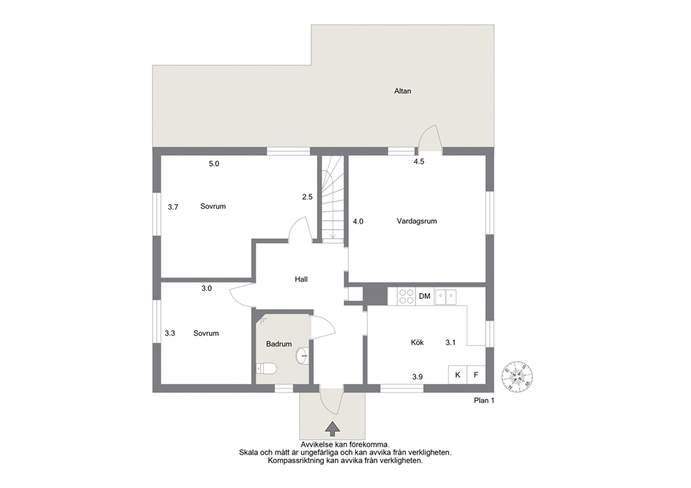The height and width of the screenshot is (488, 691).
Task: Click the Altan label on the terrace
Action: point(403,91)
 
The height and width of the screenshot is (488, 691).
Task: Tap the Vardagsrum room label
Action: point(417,221)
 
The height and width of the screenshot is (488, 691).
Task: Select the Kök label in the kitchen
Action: point(417,343)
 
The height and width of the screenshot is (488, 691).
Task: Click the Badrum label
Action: point(279,344)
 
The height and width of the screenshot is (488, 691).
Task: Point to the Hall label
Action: point(301,279)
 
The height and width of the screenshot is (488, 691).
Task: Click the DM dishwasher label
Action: point(424,297)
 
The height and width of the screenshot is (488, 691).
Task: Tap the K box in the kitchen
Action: point(458,375)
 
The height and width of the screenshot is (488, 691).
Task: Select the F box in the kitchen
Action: point(476,375)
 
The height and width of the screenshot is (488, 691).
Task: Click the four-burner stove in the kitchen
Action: point(406,296)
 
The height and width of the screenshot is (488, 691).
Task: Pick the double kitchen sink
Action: point(446,297)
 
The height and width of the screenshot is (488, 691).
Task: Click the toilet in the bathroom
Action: point(266,368)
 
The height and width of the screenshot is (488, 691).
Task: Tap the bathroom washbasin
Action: point(303,356)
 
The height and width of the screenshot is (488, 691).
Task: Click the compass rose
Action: point(518,377)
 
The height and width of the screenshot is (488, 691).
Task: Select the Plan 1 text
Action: point(484,401)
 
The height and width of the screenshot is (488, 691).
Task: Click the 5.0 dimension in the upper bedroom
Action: point(214,164)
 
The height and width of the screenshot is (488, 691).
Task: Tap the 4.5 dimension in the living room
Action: point(419,162)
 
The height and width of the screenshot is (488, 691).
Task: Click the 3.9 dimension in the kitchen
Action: point(417,377)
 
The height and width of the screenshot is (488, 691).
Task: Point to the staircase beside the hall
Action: point(332,198)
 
